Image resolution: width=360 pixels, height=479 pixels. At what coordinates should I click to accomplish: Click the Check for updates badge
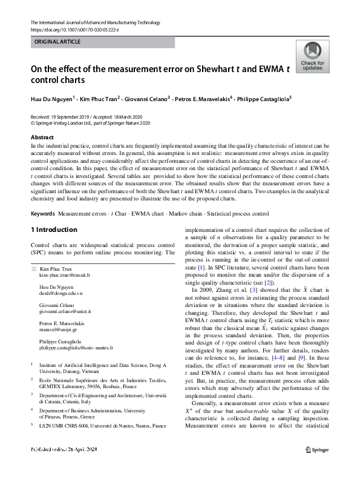[312, 58]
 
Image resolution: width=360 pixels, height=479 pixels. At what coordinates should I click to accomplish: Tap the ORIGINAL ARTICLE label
[57, 42]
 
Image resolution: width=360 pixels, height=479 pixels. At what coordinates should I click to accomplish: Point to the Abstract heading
[42, 137]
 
